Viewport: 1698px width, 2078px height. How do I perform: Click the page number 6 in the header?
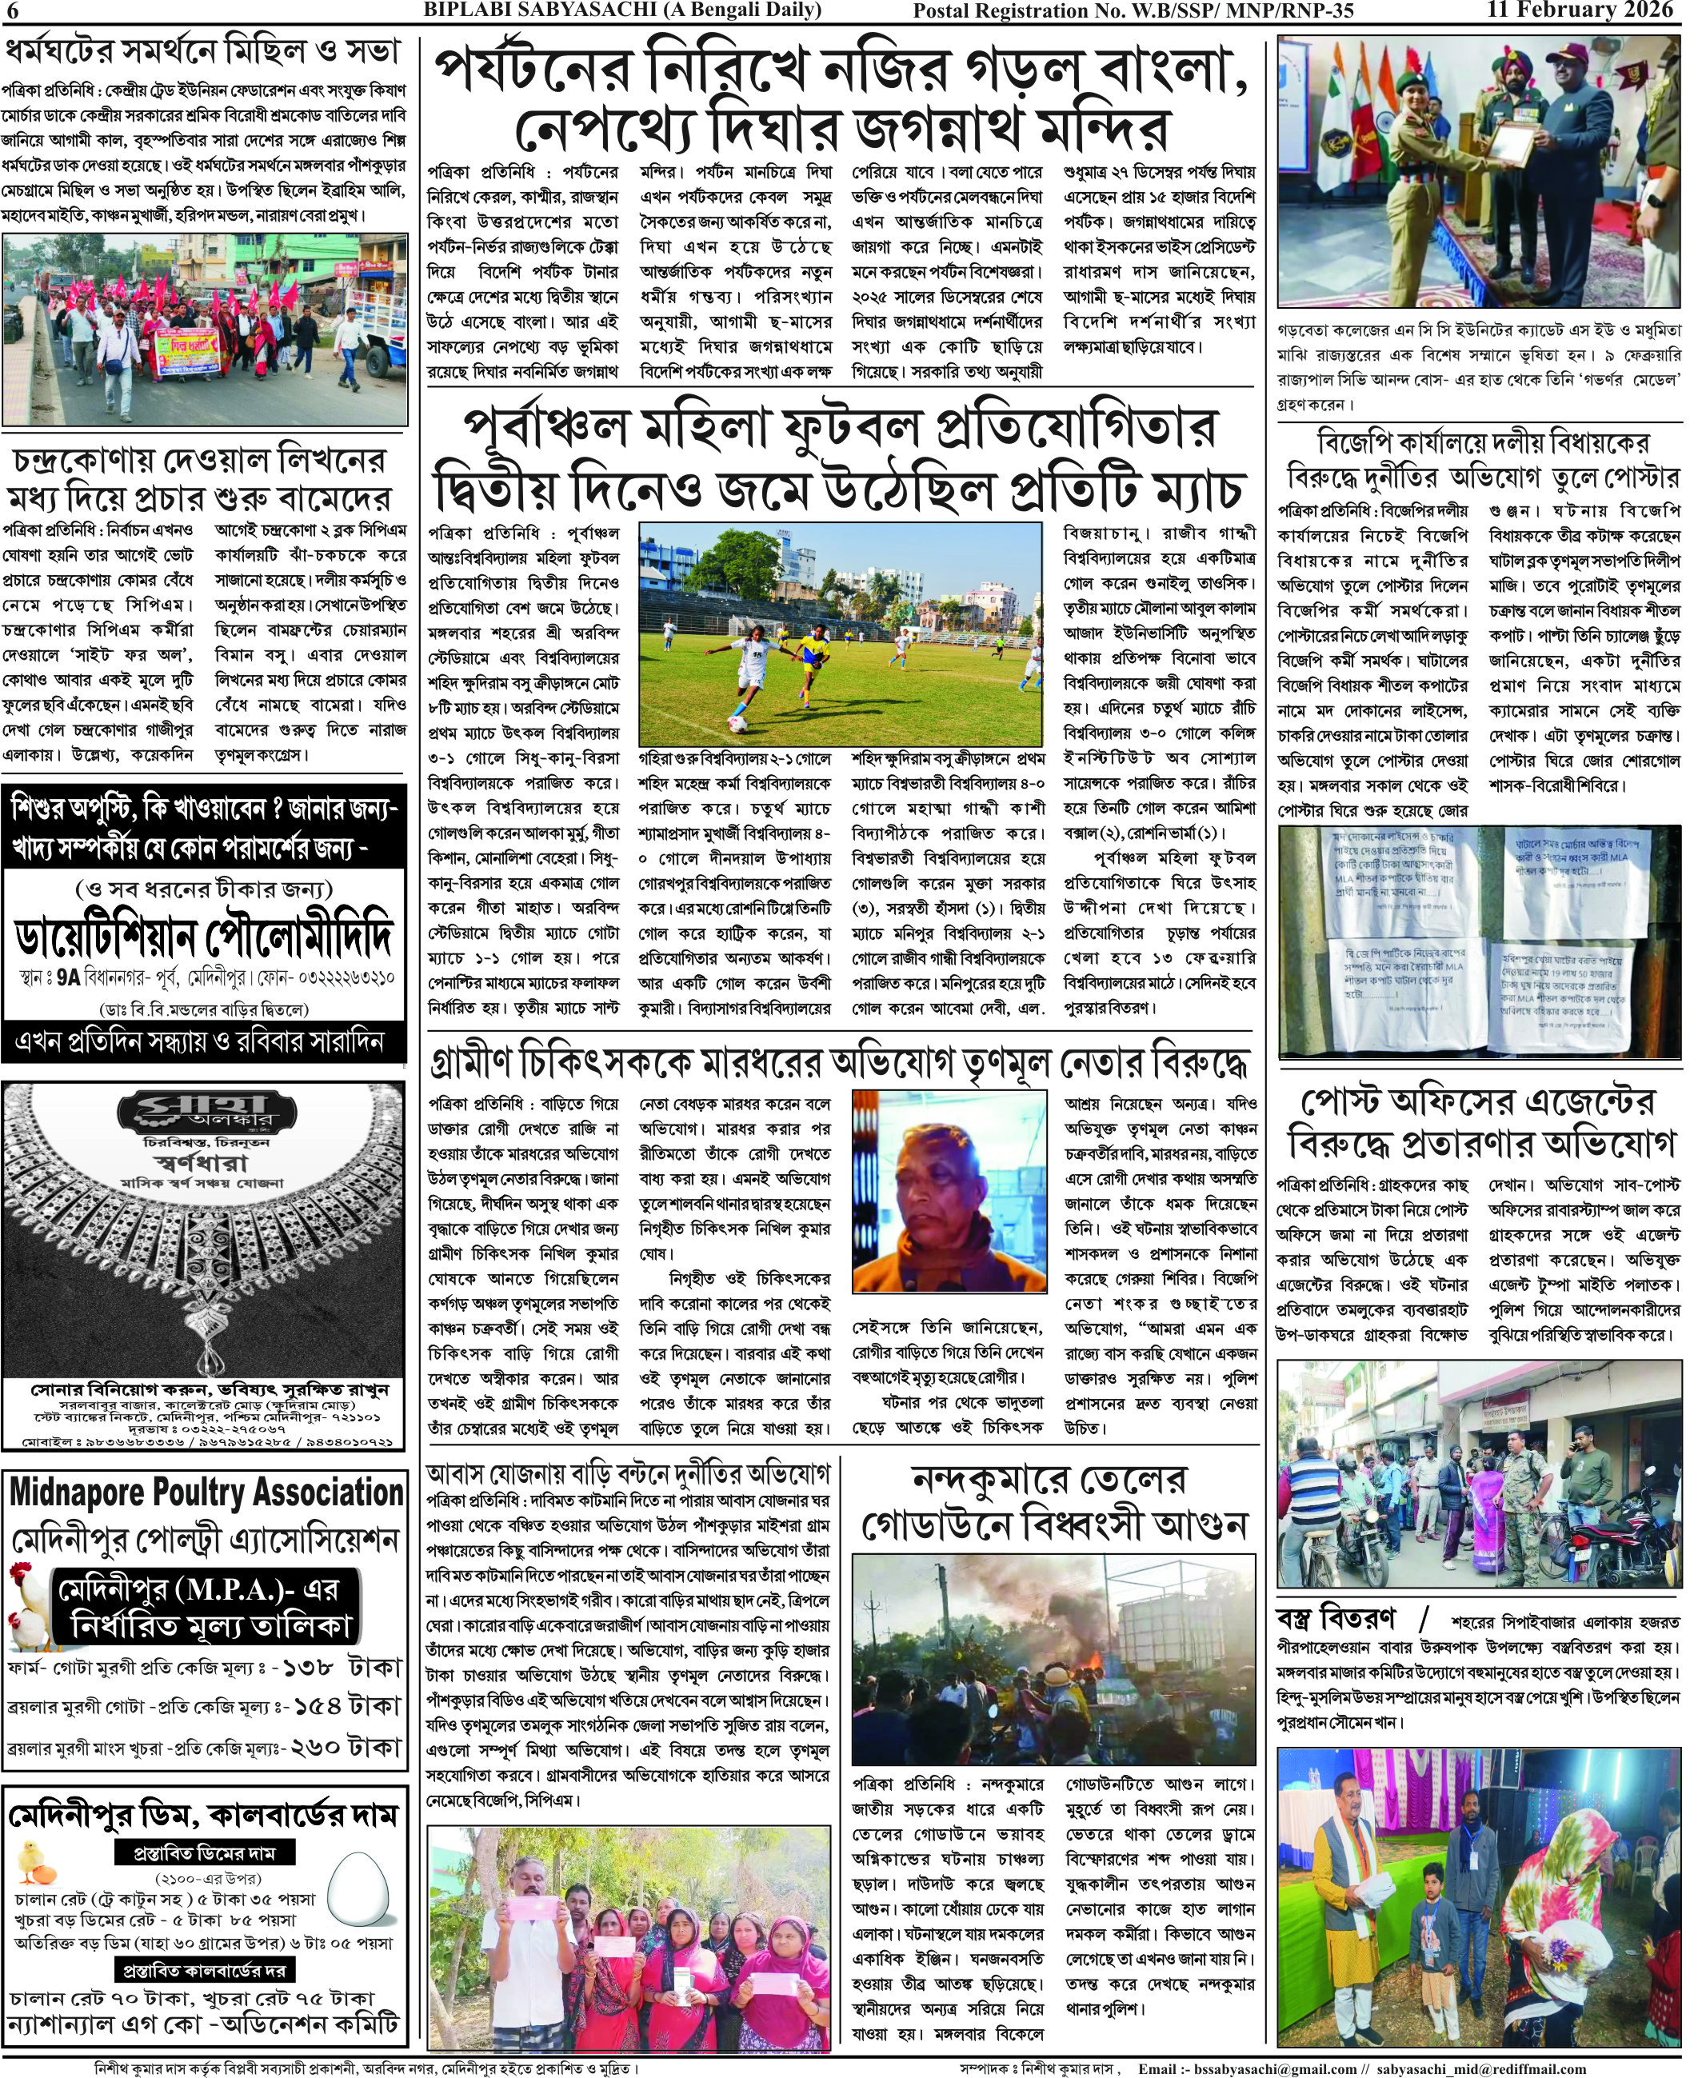point(12,10)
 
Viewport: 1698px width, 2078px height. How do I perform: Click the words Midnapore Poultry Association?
point(206,1493)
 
